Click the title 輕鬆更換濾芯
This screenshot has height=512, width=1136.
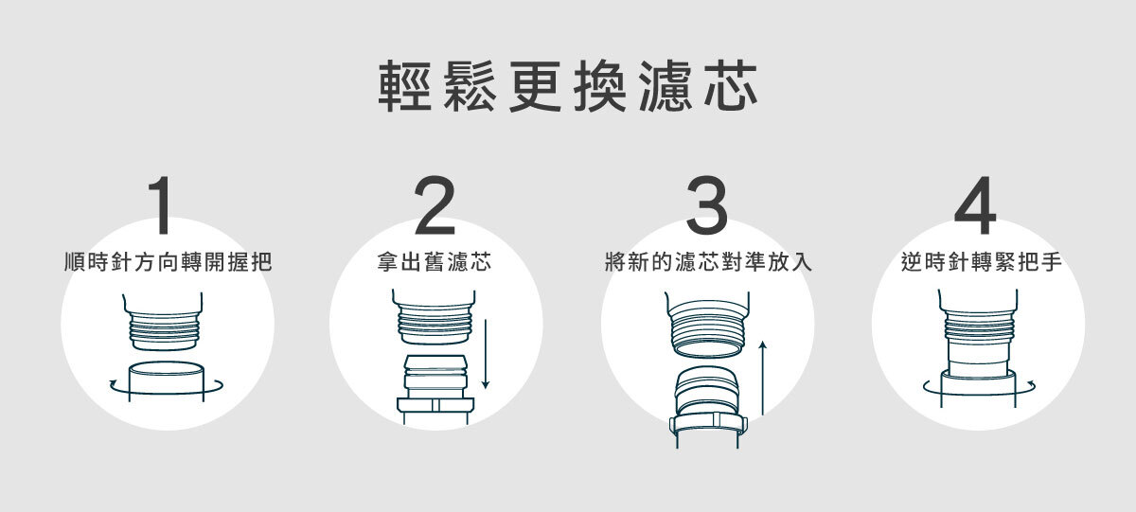point(568,88)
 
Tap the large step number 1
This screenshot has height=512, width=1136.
point(163,206)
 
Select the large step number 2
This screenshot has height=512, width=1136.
point(435,206)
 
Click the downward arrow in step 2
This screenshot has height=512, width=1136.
point(486,355)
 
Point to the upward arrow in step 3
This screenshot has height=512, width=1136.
point(762,379)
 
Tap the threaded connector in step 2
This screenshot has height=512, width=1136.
point(435,322)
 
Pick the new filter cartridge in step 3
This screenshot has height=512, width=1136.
point(708,393)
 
